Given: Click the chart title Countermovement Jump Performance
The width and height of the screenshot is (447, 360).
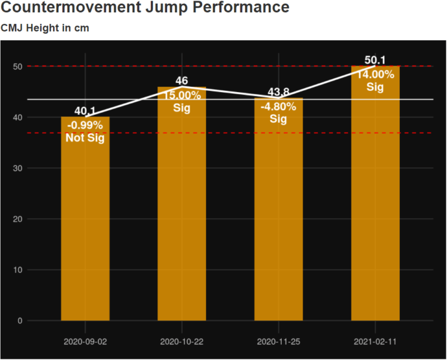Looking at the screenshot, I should (x=145, y=8).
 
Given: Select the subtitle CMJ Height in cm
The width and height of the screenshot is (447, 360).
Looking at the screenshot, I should (x=45, y=28).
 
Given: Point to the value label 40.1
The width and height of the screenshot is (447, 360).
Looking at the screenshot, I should (x=86, y=111).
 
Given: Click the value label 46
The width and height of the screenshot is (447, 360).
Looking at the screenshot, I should (x=182, y=81).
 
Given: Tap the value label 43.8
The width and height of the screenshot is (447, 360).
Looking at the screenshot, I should (x=279, y=93).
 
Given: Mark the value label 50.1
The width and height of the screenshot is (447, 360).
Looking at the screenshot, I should (x=375, y=60).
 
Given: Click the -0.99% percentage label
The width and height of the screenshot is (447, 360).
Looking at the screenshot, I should (x=86, y=125).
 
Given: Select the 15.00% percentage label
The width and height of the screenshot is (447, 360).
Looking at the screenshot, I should (x=182, y=94).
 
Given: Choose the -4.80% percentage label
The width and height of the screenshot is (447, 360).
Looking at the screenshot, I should (x=279, y=106).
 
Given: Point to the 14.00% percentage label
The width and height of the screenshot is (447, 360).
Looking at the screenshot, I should (x=375, y=74).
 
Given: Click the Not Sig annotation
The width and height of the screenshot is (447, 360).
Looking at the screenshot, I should (x=86, y=137).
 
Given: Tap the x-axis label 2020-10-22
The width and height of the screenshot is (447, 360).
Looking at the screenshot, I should (x=182, y=342).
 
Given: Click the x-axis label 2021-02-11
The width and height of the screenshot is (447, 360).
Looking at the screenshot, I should (x=375, y=342).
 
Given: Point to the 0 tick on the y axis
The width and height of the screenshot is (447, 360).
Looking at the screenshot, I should (x=20, y=321).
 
